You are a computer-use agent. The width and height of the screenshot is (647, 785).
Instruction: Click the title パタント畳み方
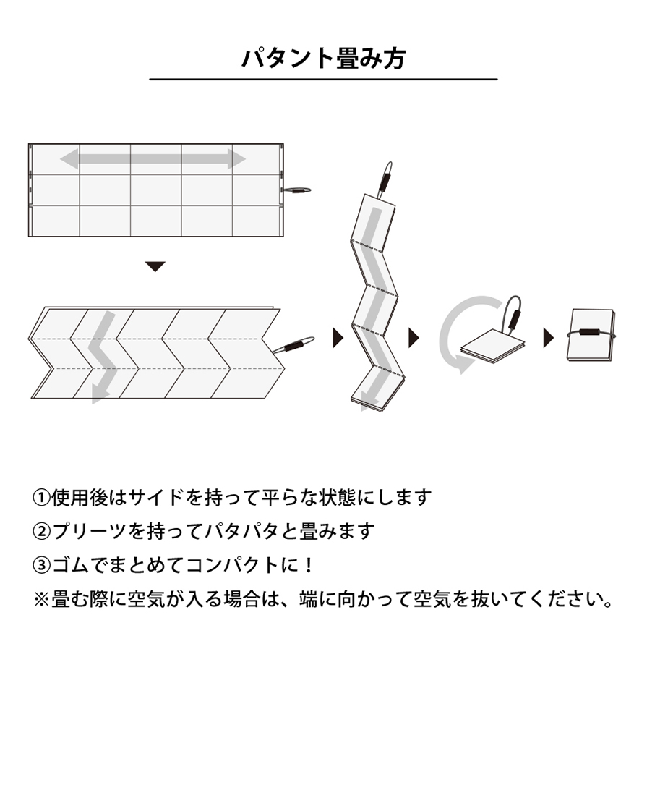pos(323,59)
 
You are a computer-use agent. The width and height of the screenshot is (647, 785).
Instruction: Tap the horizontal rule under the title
pos(323,79)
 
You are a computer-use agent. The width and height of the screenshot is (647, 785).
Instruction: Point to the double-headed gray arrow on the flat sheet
pos(153,158)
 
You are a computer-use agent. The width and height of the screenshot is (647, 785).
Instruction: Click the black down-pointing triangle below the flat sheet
pos(155,266)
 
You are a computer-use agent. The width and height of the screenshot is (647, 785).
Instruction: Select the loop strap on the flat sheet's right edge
pos(296,190)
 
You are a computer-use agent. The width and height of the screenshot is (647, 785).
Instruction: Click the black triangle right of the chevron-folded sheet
pos(338,338)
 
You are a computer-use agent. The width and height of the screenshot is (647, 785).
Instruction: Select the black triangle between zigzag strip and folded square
pos(414,338)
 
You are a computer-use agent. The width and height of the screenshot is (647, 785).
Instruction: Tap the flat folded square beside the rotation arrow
pos(493,346)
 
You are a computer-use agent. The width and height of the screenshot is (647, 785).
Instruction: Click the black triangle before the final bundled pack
pos(549,338)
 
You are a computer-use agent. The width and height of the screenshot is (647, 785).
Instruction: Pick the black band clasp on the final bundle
pos(591,332)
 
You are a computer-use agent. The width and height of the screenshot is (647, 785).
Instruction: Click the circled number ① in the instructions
pos(41,498)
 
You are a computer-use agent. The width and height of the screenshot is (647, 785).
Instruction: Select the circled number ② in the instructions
pos(41,532)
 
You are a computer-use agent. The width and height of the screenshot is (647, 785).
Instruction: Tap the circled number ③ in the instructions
pos(41,566)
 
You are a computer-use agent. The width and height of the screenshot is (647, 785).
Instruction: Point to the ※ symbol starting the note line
pos(41,599)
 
